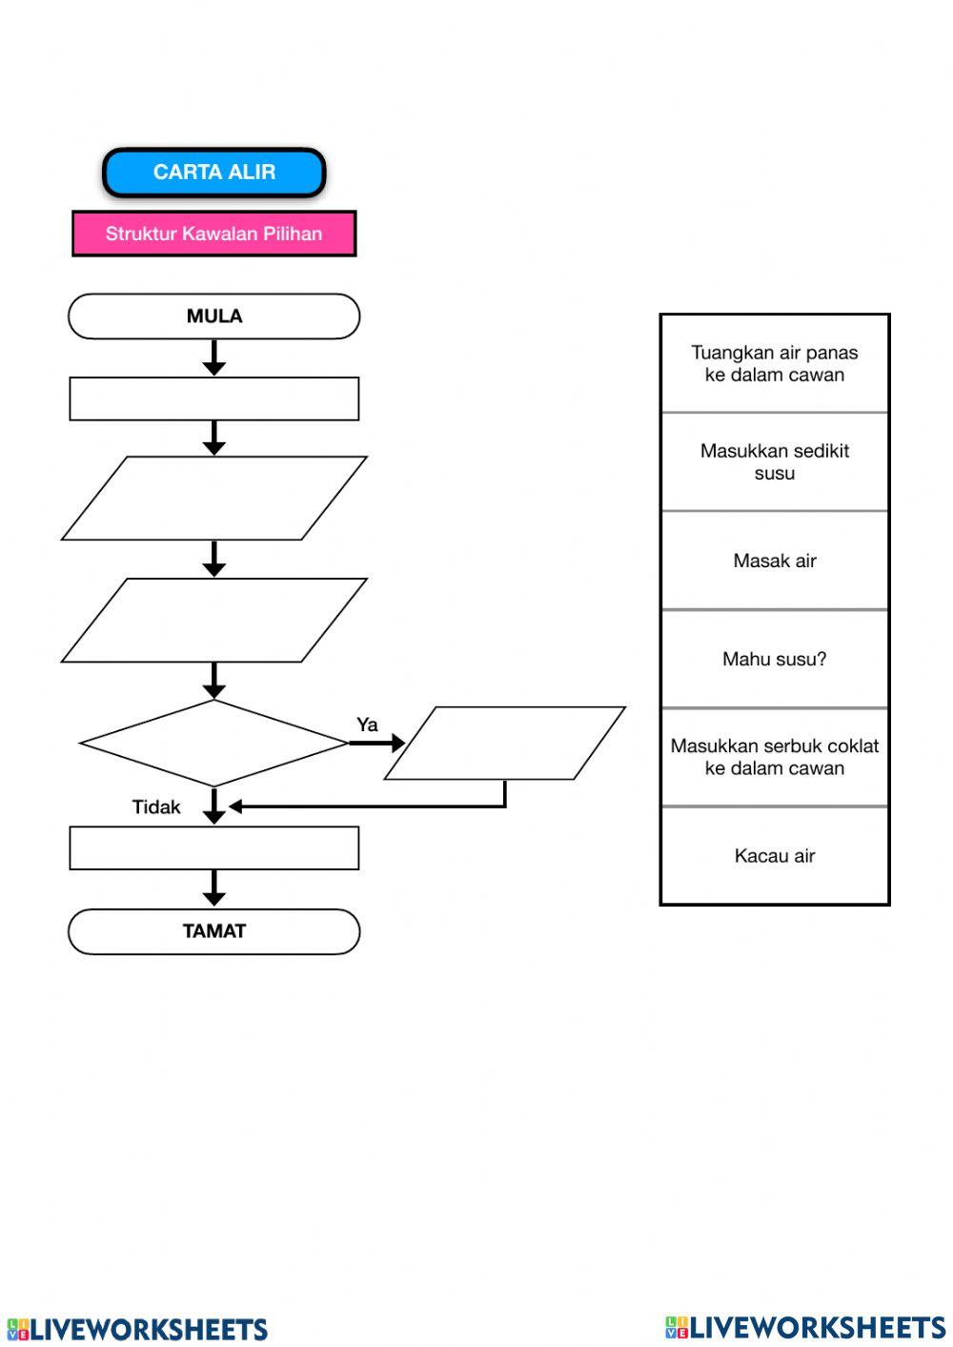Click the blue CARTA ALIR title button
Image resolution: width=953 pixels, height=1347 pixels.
coord(214,173)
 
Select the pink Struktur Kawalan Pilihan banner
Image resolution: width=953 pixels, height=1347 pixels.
coord(214,234)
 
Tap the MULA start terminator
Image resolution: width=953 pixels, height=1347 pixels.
coord(214,316)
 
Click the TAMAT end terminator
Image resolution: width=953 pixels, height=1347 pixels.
coord(214,931)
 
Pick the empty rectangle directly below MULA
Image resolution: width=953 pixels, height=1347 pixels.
coord(214,398)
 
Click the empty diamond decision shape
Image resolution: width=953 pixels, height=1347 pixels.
coord(214,743)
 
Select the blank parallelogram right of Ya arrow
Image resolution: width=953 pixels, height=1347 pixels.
coord(505,743)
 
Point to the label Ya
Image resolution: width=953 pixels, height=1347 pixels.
coord(367,725)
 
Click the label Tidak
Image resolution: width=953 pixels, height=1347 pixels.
coord(156,807)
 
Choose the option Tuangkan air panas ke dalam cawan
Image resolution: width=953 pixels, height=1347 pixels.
coord(775,364)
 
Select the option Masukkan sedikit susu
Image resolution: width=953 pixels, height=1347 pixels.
coord(775,462)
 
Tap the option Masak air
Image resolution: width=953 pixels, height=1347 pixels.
coord(775,561)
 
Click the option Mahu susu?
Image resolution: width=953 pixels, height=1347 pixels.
coord(775,659)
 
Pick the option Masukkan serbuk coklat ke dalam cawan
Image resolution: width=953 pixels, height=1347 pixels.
coord(775,757)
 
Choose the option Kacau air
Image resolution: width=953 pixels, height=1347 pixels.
coord(775,855)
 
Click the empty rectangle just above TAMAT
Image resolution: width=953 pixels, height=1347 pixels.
coord(214,847)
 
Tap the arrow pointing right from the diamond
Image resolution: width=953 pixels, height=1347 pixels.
coord(377,743)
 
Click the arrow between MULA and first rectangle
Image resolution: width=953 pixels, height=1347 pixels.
coord(214,358)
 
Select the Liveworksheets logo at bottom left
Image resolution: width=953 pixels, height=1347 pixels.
coord(137,1329)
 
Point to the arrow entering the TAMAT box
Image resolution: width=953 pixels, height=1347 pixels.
coord(214,888)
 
